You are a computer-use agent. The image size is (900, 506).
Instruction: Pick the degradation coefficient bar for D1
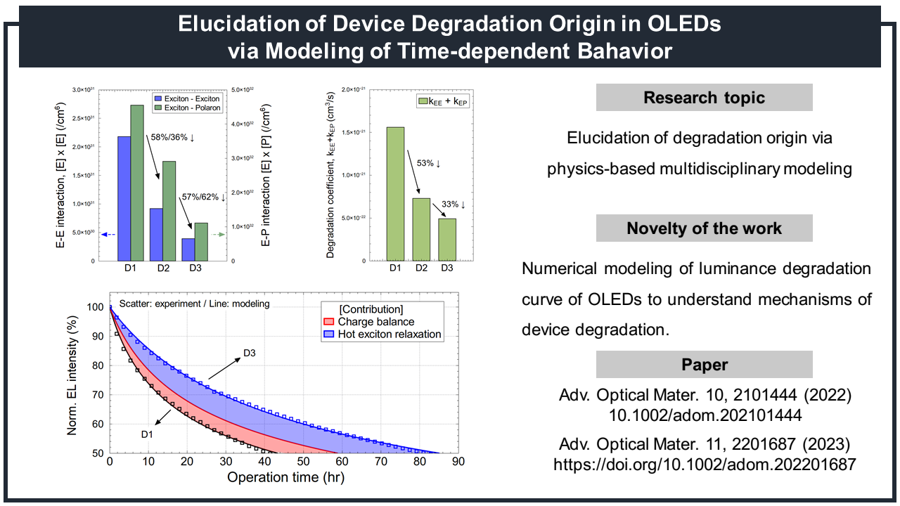click(396, 193)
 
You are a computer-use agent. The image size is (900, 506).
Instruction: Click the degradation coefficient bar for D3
click(447, 239)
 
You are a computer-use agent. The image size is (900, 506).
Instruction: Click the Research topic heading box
click(704, 98)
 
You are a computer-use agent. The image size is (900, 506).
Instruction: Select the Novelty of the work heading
click(704, 228)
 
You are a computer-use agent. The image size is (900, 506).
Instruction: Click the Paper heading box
click(704, 365)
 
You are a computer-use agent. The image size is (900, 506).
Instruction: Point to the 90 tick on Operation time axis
click(458, 462)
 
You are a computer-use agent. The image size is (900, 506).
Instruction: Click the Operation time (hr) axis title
click(285, 477)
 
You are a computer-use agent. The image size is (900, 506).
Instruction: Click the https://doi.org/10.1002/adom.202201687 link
click(705, 465)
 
